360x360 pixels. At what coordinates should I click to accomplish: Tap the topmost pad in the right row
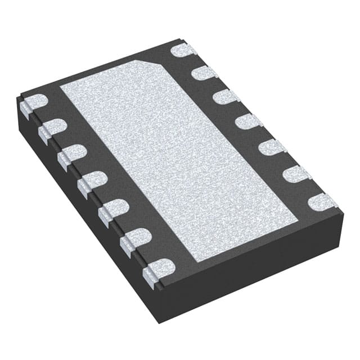[183, 51]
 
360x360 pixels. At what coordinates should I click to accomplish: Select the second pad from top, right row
[204, 73]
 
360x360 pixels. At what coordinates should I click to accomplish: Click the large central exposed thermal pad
[180, 152]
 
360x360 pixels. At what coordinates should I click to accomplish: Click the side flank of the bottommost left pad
[149, 276]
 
